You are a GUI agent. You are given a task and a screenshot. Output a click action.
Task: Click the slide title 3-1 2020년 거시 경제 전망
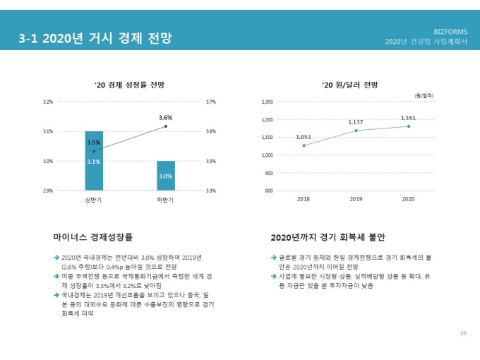[95, 38]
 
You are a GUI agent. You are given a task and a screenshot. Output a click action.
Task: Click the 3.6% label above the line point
[166, 117]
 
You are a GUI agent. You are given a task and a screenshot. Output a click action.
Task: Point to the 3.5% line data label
[93, 142]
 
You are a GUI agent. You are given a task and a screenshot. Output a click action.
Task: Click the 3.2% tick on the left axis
[48, 102]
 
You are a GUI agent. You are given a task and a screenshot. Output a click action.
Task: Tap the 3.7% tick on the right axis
[210, 102]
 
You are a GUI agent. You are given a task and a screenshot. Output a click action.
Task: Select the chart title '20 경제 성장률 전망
[129, 85]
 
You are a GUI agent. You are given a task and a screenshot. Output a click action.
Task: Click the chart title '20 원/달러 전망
[349, 85]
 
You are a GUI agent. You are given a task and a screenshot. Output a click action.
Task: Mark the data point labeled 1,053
[304, 145]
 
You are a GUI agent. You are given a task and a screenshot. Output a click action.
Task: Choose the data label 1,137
[356, 122]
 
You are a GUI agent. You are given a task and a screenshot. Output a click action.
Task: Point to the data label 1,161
[408, 117]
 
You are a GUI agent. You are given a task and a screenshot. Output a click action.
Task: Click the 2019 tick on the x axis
[356, 200]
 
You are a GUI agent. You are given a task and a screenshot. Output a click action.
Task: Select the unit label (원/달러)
[424, 95]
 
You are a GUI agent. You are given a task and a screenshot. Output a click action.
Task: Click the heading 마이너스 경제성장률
[93, 237]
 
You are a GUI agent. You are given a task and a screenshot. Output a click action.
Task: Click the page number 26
[463, 332]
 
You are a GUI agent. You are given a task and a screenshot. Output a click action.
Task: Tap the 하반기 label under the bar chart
[166, 200]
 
